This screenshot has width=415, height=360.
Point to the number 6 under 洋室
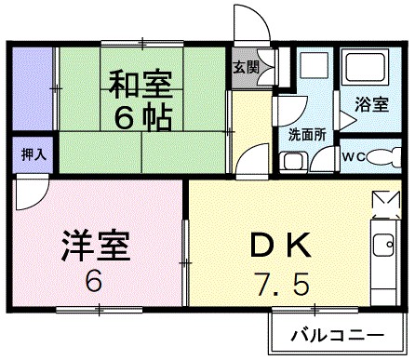tap(95, 281)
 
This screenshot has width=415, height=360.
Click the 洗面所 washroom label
tap(306, 133)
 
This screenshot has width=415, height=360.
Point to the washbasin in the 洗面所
tap(294, 161)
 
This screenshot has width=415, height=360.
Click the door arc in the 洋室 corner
tap(32, 196)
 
